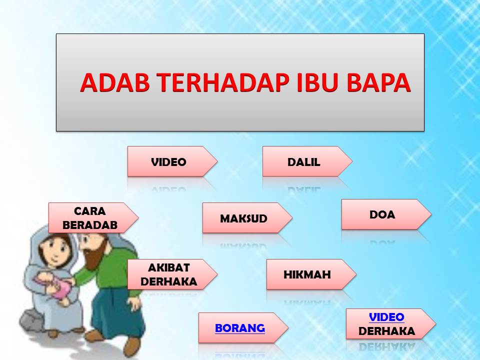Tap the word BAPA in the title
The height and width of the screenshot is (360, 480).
click(378, 82)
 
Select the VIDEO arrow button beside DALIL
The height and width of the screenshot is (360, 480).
click(172, 161)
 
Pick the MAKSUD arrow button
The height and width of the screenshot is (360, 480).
click(247, 217)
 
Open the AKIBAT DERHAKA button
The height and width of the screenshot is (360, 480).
click(172, 274)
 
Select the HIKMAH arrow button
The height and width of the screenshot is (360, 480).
click(311, 274)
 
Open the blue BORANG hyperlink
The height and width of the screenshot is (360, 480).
click(239, 328)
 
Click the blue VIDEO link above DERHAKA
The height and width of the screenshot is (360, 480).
click(386, 317)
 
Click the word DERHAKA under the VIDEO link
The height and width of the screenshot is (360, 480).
click(386, 331)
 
